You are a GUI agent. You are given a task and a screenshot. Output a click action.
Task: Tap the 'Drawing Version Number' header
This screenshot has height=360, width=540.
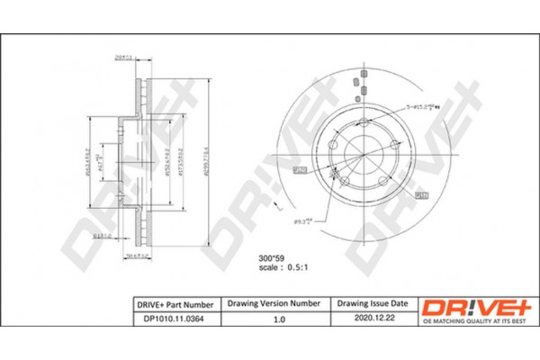(274, 305)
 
